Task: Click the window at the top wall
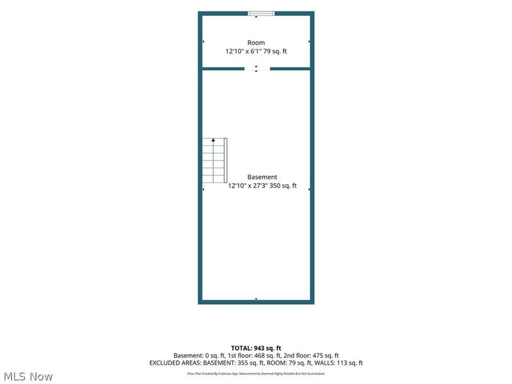pyautogui.click(x=261, y=13)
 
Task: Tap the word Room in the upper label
pyautogui.click(x=256, y=43)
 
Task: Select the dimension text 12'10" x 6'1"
pyautogui.click(x=243, y=51)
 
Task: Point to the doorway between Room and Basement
pyautogui.click(x=257, y=68)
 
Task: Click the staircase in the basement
pyautogui.click(x=214, y=161)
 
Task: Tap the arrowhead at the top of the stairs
pyautogui.click(x=213, y=140)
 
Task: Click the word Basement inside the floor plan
pyautogui.click(x=262, y=177)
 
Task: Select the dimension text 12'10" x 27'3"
pyautogui.click(x=248, y=186)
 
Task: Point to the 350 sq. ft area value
pyautogui.click(x=283, y=186)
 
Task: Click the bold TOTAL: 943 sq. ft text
pyautogui.click(x=256, y=348)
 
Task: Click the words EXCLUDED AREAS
pyautogui.click(x=175, y=363)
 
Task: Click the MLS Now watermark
pyautogui.click(x=28, y=376)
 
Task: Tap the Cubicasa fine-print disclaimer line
pyautogui.click(x=256, y=374)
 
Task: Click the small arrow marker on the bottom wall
pyautogui.click(x=257, y=299)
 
